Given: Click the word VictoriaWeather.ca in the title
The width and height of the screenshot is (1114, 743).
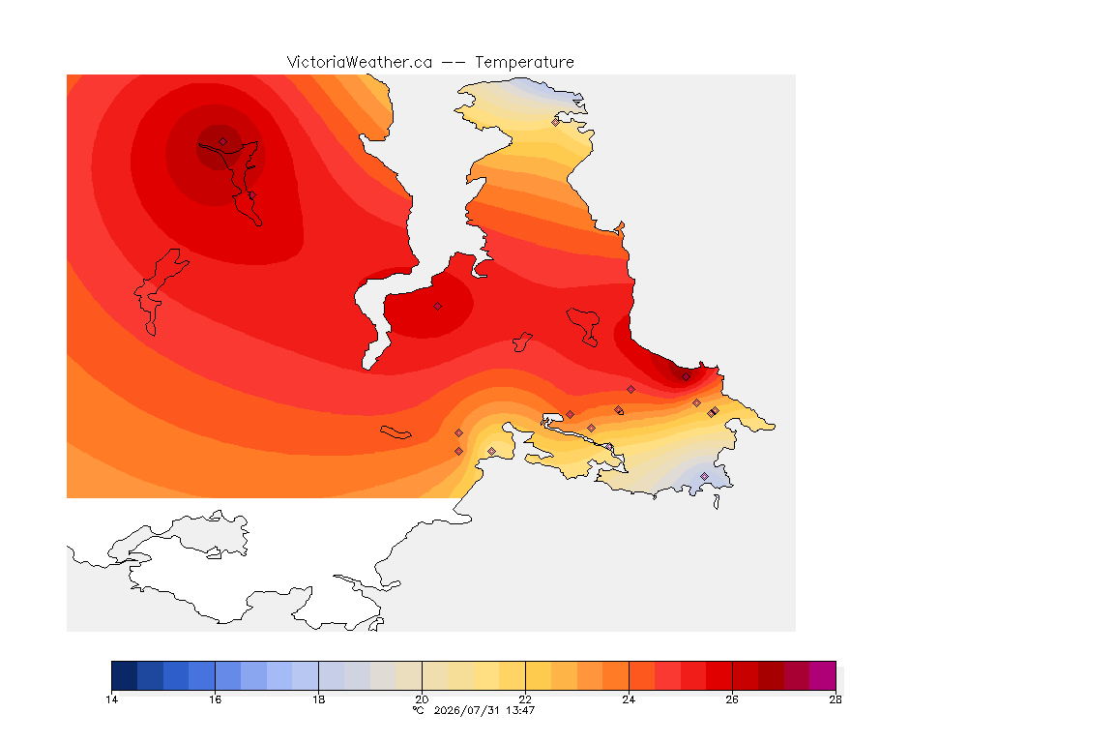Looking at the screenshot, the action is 360,63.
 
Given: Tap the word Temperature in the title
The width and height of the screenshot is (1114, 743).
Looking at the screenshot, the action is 524,63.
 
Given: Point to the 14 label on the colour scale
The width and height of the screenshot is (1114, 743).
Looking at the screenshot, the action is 111,699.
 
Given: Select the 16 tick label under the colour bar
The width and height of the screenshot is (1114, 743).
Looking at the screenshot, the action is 216,699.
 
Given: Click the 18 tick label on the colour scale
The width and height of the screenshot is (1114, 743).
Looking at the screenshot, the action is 318,699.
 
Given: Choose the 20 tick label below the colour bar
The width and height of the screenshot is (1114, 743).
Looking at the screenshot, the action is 422,699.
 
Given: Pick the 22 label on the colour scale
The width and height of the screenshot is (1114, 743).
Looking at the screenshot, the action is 525,699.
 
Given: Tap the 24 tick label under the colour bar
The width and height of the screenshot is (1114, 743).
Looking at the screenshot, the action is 629,699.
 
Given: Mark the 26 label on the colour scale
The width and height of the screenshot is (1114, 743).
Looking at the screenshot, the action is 732,699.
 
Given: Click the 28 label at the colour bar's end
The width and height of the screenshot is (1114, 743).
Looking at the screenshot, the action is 835,699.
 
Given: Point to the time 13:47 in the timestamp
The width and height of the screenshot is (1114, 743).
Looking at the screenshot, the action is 520,710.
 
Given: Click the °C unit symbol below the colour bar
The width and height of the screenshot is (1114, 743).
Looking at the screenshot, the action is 419,710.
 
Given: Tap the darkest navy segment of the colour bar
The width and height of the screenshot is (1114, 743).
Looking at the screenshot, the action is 125,675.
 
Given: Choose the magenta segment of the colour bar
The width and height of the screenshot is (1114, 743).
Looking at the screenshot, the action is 823,675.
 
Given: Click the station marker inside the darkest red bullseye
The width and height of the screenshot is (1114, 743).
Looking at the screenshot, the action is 223,142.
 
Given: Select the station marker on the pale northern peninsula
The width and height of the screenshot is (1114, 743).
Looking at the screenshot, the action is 556,122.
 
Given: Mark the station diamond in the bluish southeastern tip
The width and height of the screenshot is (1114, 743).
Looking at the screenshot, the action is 704,476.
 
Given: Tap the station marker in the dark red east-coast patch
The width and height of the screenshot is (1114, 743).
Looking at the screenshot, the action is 686,377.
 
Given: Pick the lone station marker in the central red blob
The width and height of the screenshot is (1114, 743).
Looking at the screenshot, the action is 438,307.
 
